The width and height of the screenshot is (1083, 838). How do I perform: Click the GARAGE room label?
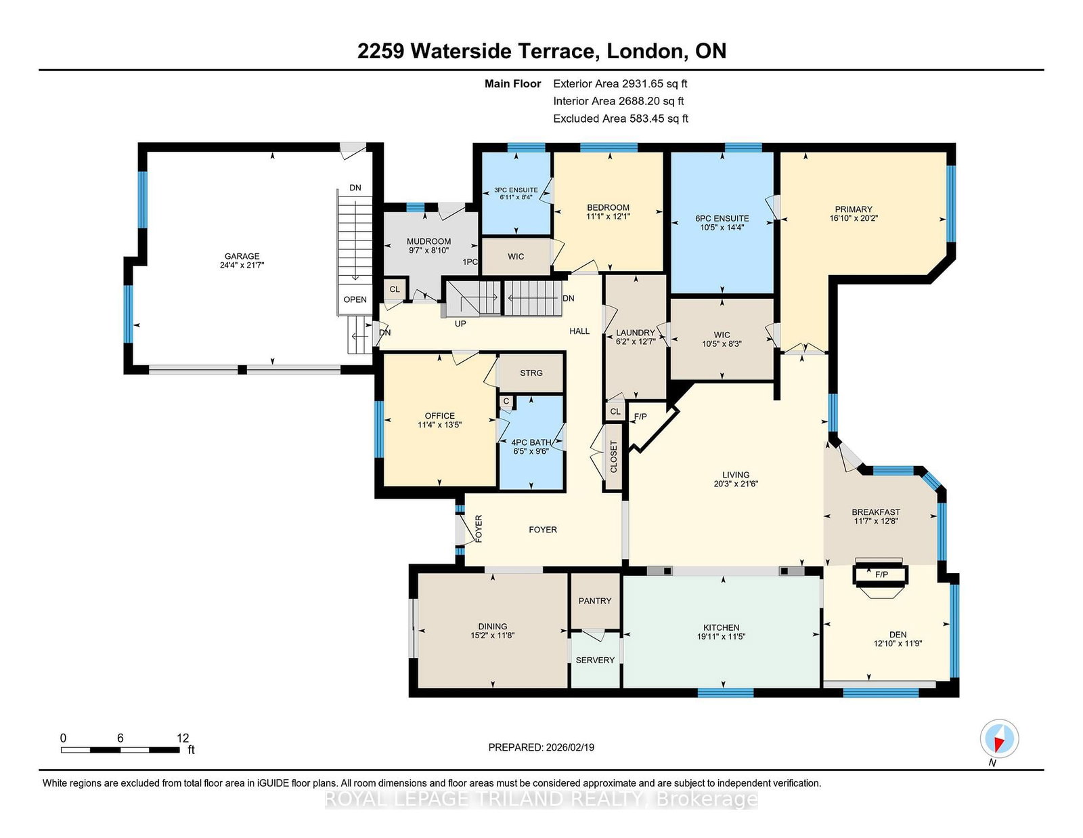pyautogui.click(x=242, y=256)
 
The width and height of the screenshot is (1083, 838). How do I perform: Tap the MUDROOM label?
pyautogui.click(x=428, y=241)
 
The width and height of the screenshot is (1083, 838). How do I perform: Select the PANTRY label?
pyautogui.click(x=594, y=601)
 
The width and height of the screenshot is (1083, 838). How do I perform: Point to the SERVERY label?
pyautogui.click(x=595, y=661)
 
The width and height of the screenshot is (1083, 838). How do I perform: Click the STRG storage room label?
pyautogui.click(x=531, y=373)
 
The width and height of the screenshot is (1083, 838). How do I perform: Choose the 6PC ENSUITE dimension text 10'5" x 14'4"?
pyautogui.click(x=722, y=228)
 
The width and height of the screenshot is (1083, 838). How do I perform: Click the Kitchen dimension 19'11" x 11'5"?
pyautogui.click(x=721, y=637)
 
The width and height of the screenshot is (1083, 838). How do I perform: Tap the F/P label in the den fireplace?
pyautogui.click(x=882, y=574)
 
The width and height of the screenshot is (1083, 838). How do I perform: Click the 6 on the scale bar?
pyautogui.click(x=120, y=738)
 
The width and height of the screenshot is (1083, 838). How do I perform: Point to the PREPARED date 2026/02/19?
pyautogui.click(x=570, y=747)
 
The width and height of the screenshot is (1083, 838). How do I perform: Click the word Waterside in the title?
pyautogui.click(x=462, y=51)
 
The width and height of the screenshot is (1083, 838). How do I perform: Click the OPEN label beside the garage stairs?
pyautogui.click(x=355, y=300)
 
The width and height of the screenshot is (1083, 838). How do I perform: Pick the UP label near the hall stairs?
pyautogui.click(x=460, y=324)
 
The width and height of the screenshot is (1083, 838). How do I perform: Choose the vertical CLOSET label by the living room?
pyautogui.click(x=613, y=457)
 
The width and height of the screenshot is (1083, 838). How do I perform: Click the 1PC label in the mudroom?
pyautogui.click(x=470, y=262)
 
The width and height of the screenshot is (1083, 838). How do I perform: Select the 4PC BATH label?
pyautogui.click(x=531, y=442)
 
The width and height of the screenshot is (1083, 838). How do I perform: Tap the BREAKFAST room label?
pyautogui.click(x=876, y=512)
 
